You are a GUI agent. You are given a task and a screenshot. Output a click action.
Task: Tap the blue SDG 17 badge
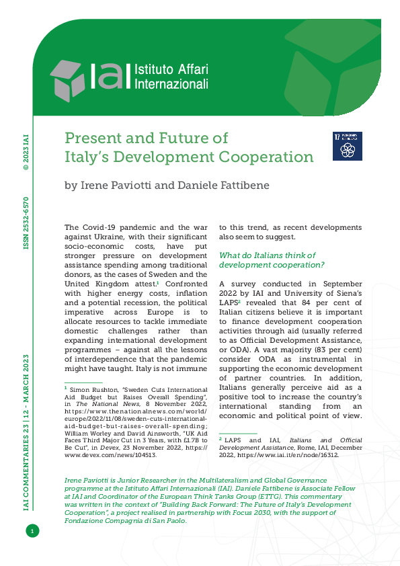coord(348,145)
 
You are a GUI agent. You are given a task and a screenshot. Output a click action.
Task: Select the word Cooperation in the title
coord(270,157)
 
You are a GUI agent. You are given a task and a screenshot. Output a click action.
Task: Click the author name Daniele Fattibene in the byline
coord(230,185)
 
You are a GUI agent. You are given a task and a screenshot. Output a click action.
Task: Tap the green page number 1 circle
coord(31,532)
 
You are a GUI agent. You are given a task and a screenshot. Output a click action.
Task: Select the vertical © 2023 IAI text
coord(26,155)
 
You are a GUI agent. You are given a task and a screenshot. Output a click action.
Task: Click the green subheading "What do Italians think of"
coord(268,255)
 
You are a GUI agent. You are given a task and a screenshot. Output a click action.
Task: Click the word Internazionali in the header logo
coord(172,85)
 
